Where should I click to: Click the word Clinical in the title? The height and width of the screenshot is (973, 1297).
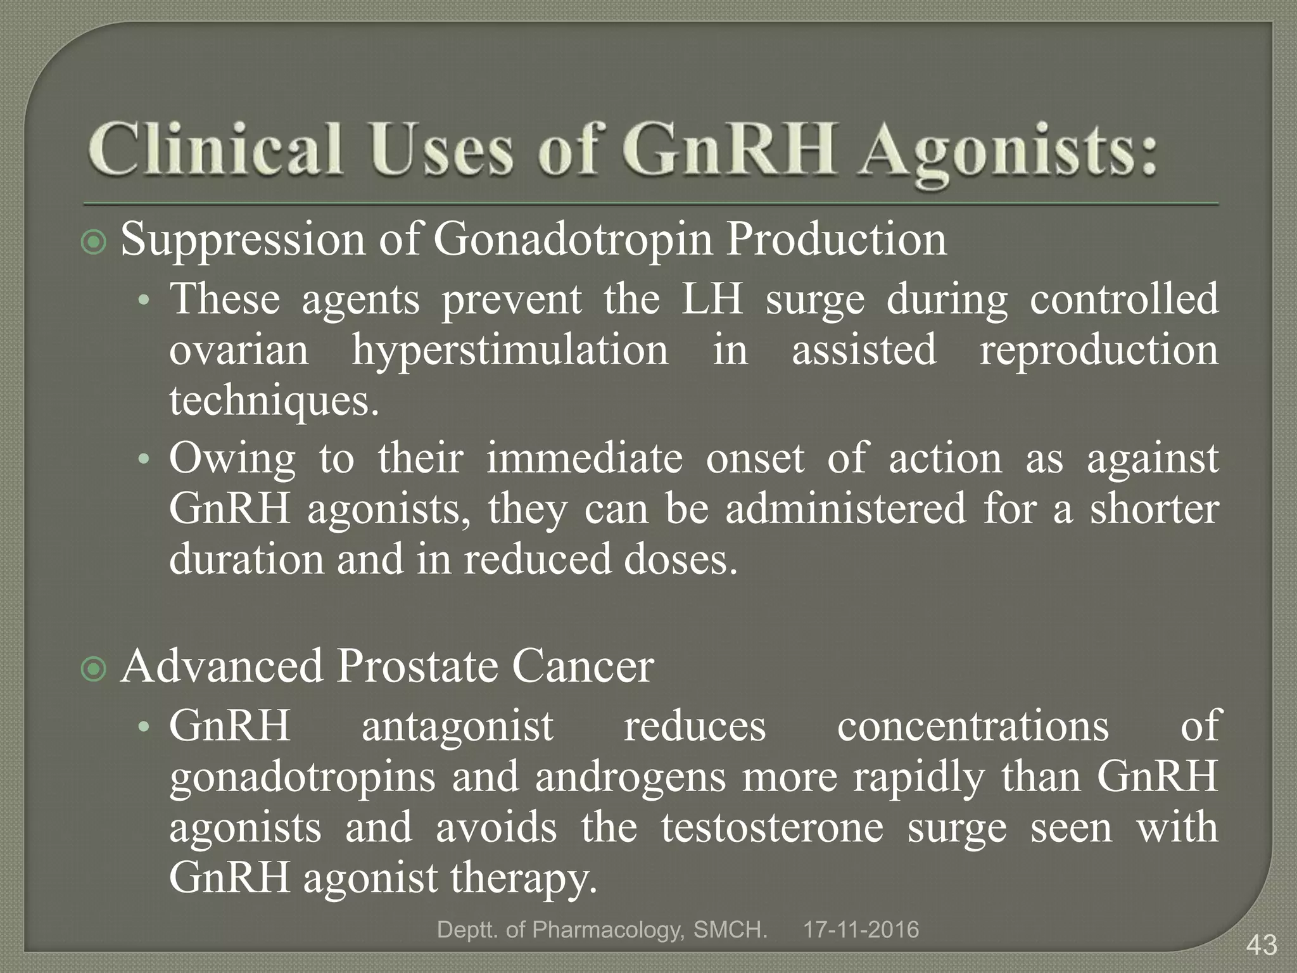(x=216, y=149)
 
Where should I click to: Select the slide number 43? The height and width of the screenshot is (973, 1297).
(x=1262, y=946)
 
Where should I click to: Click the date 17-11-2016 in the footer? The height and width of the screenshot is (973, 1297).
(x=861, y=930)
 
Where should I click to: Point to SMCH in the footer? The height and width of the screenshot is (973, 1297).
(x=730, y=930)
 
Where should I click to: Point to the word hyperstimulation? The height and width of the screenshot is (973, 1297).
(x=510, y=352)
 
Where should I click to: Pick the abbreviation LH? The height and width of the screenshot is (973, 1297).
(x=712, y=300)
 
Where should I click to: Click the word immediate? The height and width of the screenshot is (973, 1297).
(x=585, y=459)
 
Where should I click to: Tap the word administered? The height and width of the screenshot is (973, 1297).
(x=845, y=509)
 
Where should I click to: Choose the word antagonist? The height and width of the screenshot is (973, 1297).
(x=457, y=726)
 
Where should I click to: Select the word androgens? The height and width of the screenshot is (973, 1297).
(x=630, y=778)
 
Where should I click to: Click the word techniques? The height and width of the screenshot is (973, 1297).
(x=274, y=402)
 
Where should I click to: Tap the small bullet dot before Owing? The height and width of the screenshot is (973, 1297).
(x=144, y=459)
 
